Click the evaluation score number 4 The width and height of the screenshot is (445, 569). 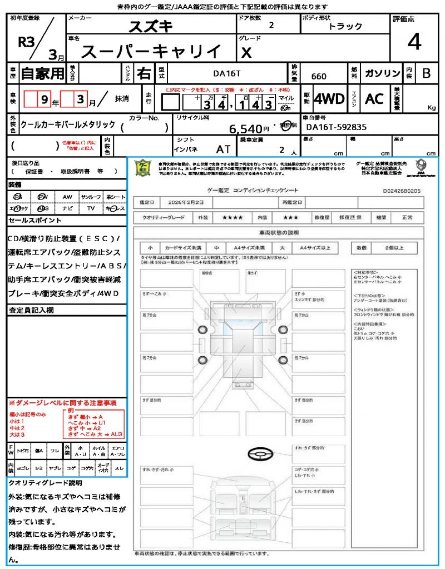414,43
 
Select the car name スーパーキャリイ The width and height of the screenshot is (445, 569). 151,52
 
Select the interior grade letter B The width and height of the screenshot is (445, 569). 426,73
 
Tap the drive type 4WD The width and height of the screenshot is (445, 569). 329,99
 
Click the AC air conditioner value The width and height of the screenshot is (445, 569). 374,99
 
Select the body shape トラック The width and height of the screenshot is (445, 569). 345,26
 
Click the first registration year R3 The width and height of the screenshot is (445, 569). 25,42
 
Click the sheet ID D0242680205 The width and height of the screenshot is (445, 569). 402,191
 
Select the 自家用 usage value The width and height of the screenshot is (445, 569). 42,73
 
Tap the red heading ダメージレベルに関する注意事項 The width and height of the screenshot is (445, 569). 65,402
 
